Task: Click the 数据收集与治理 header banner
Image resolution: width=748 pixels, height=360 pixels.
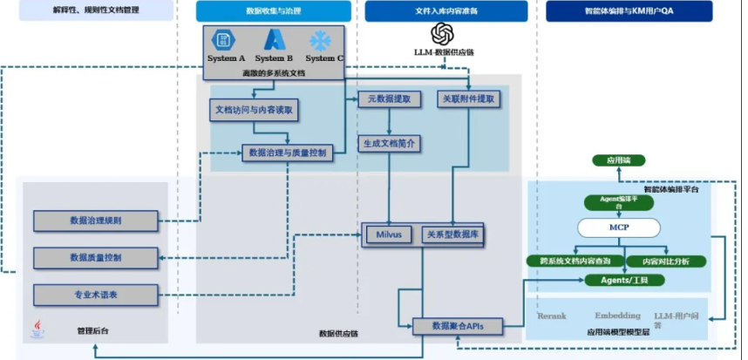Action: tap(273, 11)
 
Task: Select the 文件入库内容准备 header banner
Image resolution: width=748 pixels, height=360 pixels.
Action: tap(445, 11)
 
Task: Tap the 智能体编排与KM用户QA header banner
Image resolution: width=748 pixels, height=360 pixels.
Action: tap(629, 11)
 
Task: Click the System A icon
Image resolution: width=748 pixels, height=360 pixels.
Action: tap(225, 40)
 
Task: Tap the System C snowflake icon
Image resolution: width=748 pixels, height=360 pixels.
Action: tap(322, 40)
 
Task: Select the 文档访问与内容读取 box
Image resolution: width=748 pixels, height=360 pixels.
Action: tap(256, 111)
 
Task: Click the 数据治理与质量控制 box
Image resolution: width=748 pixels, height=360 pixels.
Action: tap(288, 153)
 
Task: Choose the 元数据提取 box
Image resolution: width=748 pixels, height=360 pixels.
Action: tap(390, 100)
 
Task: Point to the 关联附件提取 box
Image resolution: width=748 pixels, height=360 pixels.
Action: tap(469, 100)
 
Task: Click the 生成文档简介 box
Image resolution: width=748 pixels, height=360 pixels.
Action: tap(390, 143)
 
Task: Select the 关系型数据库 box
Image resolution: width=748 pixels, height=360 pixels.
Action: tap(452, 234)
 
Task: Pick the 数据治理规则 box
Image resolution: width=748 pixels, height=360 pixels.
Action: tap(95, 221)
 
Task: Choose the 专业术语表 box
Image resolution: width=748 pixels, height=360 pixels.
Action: tap(95, 295)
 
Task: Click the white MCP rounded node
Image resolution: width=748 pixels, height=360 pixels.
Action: tap(620, 228)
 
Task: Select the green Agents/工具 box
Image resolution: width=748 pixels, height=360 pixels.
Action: tap(620, 280)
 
